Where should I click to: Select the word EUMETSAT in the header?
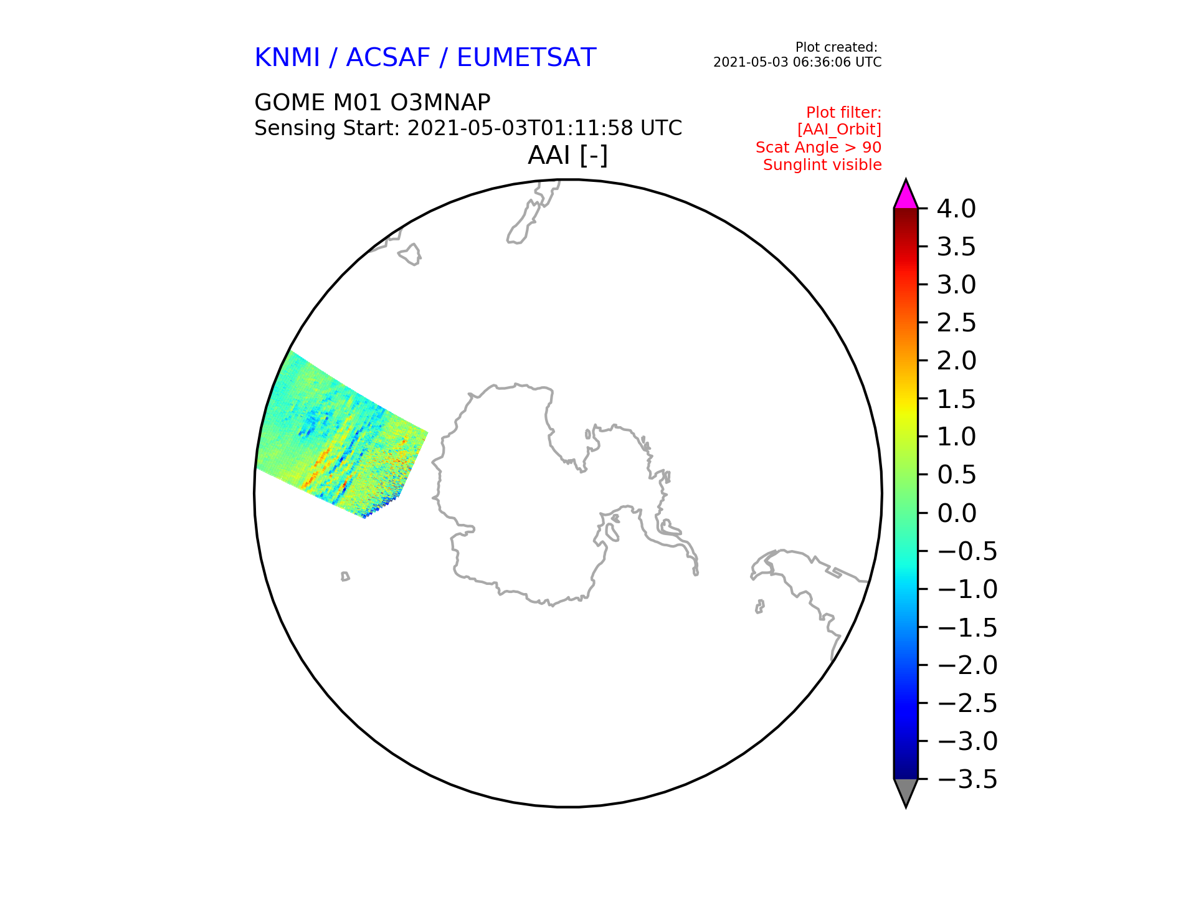526,57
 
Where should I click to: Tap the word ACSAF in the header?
388,57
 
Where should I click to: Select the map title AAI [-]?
567,155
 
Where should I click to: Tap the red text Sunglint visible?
822,165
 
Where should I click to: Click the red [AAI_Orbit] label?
839,130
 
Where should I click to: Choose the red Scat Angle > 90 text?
819,148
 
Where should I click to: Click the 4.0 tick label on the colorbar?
956,209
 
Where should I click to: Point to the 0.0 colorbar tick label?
956,513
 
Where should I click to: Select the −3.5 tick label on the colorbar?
967,779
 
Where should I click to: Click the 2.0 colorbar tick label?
956,361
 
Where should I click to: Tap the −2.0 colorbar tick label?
967,665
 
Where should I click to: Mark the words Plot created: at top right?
837,47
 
